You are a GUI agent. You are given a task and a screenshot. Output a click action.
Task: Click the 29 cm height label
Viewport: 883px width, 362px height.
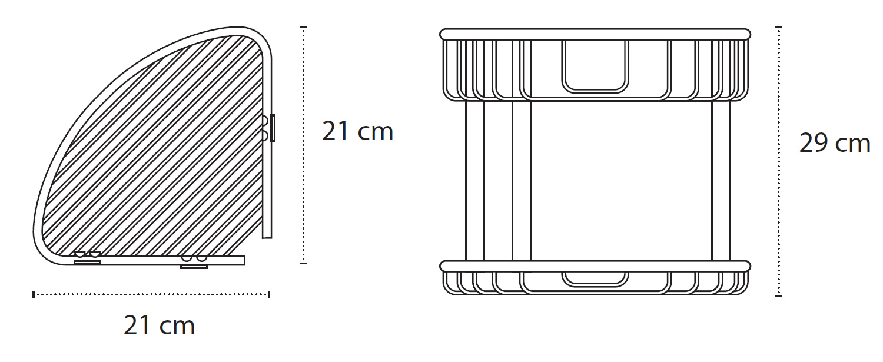(835, 143)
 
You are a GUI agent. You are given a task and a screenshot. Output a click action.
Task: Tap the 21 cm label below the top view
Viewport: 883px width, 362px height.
(160, 326)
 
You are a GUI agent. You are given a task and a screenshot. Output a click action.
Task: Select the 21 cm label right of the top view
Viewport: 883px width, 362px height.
(357, 131)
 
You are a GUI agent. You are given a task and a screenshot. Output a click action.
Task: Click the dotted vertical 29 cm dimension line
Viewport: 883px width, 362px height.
(779, 161)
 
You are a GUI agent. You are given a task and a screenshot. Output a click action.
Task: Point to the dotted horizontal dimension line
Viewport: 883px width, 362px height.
(151, 294)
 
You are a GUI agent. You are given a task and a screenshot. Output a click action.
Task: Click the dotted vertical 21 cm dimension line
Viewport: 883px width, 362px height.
(303, 145)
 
